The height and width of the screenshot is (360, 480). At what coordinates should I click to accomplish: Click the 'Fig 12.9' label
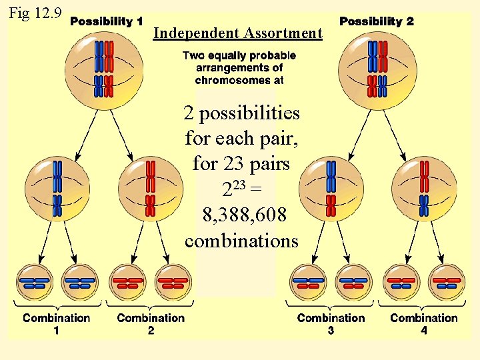34,13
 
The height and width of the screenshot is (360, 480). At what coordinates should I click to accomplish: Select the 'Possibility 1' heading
107,21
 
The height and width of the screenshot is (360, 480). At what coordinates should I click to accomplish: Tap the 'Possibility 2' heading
376,21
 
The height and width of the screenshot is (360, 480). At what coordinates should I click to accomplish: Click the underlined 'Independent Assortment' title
237,33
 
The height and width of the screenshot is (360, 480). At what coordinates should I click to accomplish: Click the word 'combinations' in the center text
242,240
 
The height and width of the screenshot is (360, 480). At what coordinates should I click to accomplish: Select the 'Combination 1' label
57,323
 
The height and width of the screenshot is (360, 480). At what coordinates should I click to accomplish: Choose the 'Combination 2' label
151,323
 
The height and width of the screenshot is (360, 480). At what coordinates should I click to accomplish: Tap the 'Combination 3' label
331,323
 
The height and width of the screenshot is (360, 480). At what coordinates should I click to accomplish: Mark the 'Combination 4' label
424,323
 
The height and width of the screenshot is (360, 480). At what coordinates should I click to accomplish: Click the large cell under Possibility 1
103,67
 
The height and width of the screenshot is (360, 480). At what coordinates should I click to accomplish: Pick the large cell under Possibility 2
377,67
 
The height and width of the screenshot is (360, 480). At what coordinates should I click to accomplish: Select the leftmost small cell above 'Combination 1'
37,283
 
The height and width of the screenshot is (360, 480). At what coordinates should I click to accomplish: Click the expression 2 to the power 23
230,189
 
